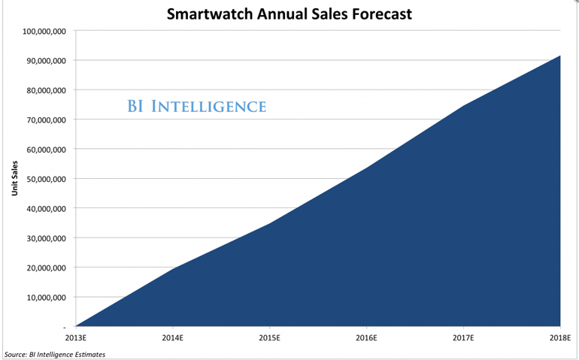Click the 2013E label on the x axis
point(76,338)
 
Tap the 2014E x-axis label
point(173,338)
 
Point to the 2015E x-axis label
point(270,338)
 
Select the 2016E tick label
point(367,338)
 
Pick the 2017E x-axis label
point(464,338)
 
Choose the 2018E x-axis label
point(560,338)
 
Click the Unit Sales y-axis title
point(14,179)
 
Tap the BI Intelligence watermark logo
point(196,107)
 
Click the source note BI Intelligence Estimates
point(55,354)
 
